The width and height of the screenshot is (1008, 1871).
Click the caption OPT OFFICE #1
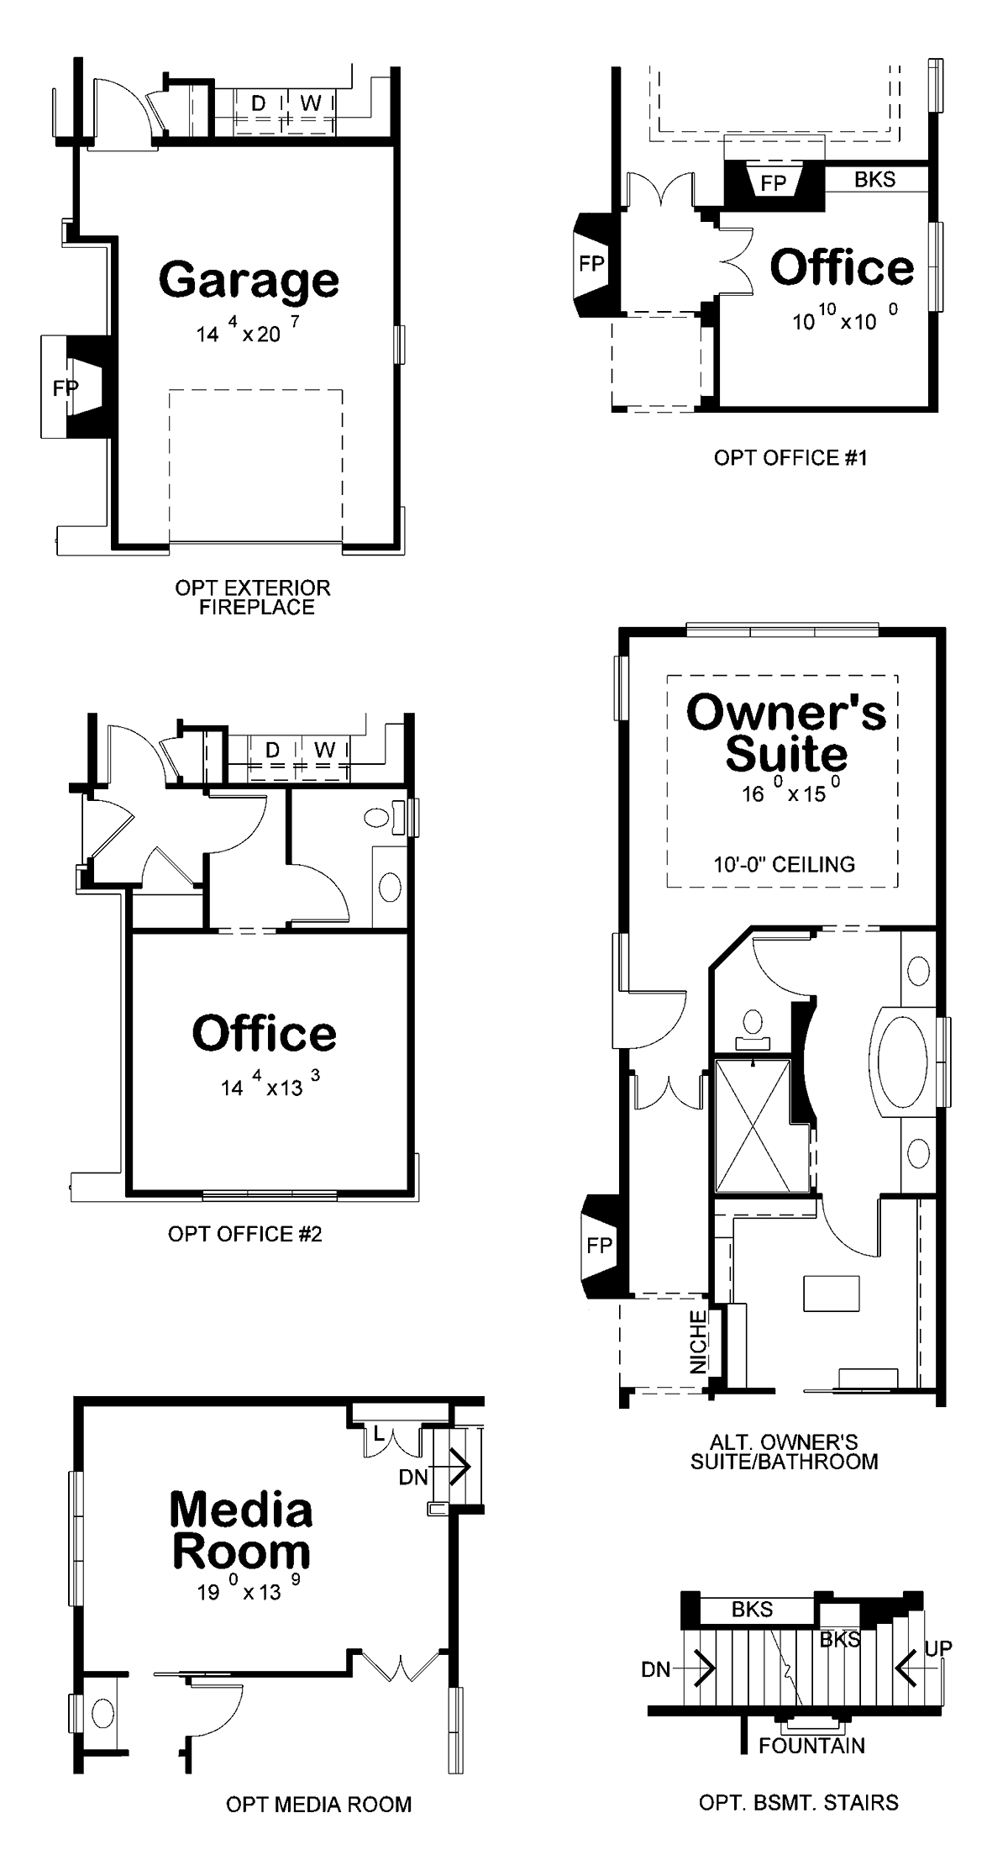tap(790, 457)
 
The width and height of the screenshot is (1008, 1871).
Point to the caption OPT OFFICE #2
tap(245, 1234)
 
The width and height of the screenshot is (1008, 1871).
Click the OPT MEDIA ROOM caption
tap(318, 1805)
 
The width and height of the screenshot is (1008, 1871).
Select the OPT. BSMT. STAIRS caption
tap(799, 1803)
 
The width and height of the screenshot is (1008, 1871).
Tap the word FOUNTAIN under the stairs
tap(811, 1746)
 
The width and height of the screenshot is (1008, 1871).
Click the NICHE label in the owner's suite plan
tap(699, 1342)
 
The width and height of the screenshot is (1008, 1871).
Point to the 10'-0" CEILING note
tap(785, 864)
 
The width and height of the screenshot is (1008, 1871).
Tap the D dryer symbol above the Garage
tap(259, 103)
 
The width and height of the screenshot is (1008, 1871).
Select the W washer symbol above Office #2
tap(325, 749)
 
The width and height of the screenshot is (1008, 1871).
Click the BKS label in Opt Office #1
tap(875, 179)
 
